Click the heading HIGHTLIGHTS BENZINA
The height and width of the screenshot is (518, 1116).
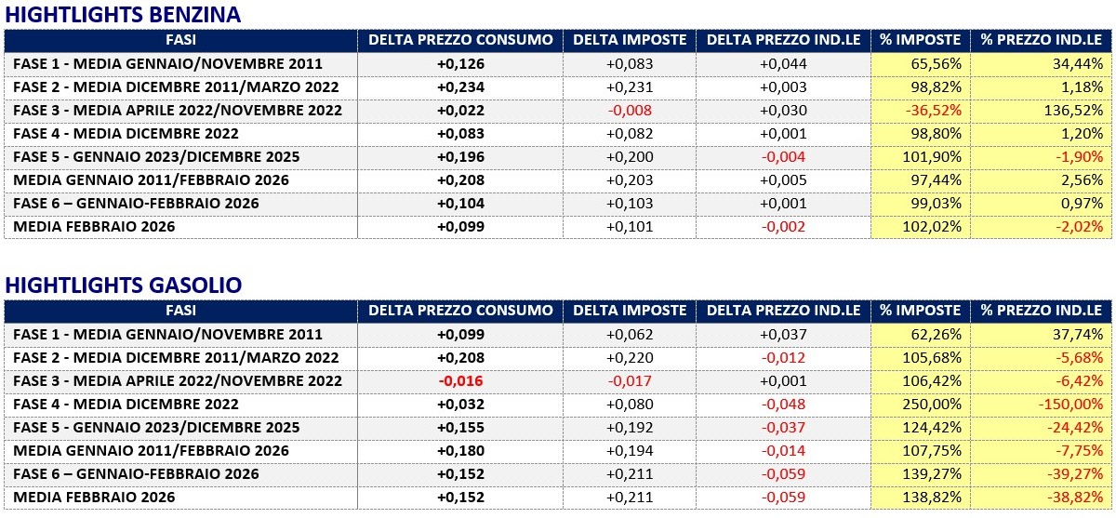click(x=123, y=14)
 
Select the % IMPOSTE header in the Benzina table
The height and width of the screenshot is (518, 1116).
click(x=921, y=40)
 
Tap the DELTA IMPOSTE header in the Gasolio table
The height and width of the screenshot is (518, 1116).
click(x=630, y=311)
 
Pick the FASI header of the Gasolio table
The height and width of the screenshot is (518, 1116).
click(x=180, y=311)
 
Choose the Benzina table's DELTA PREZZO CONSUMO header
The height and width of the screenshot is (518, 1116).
click(x=460, y=40)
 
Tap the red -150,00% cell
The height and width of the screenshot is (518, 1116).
click(x=1069, y=404)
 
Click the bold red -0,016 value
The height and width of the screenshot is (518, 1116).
click(x=460, y=380)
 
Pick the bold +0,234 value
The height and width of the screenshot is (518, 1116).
click(x=460, y=86)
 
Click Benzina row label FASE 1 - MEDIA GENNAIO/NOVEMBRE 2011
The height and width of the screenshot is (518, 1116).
click(x=168, y=63)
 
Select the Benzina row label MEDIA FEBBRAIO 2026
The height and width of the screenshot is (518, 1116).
click(x=95, y=226)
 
